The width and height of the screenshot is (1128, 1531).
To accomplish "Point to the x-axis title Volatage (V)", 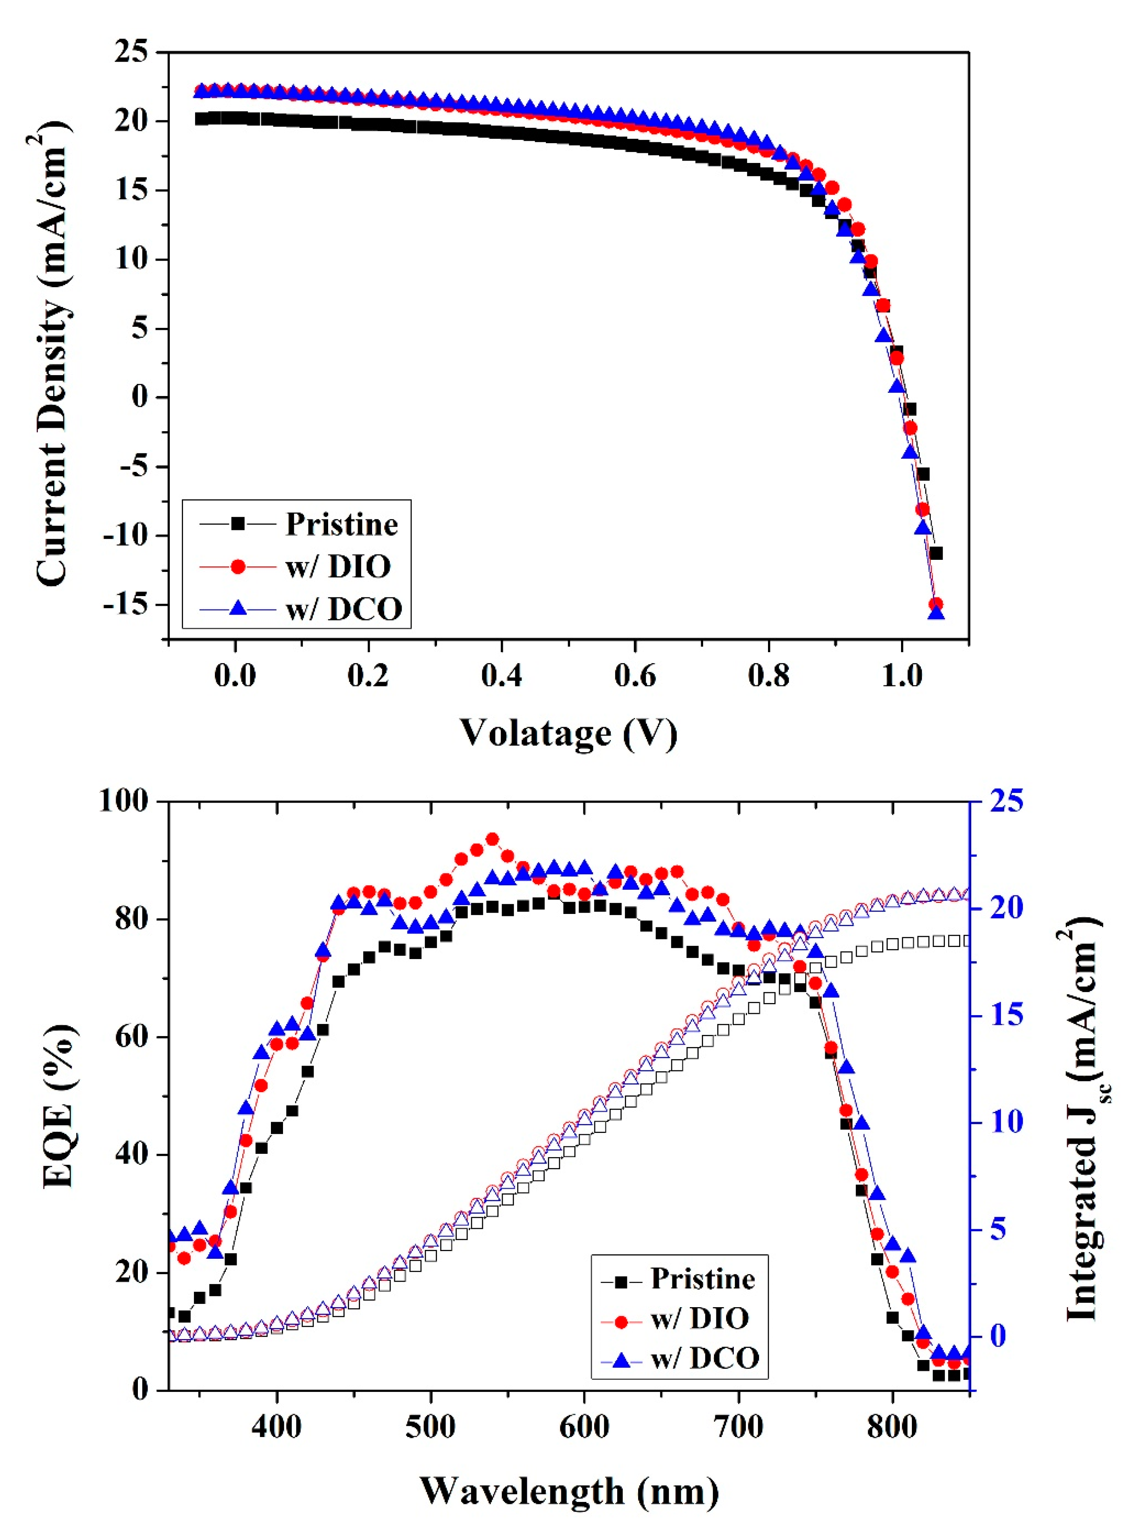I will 568,733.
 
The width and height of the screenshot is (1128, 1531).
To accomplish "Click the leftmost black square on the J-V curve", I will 202,119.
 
